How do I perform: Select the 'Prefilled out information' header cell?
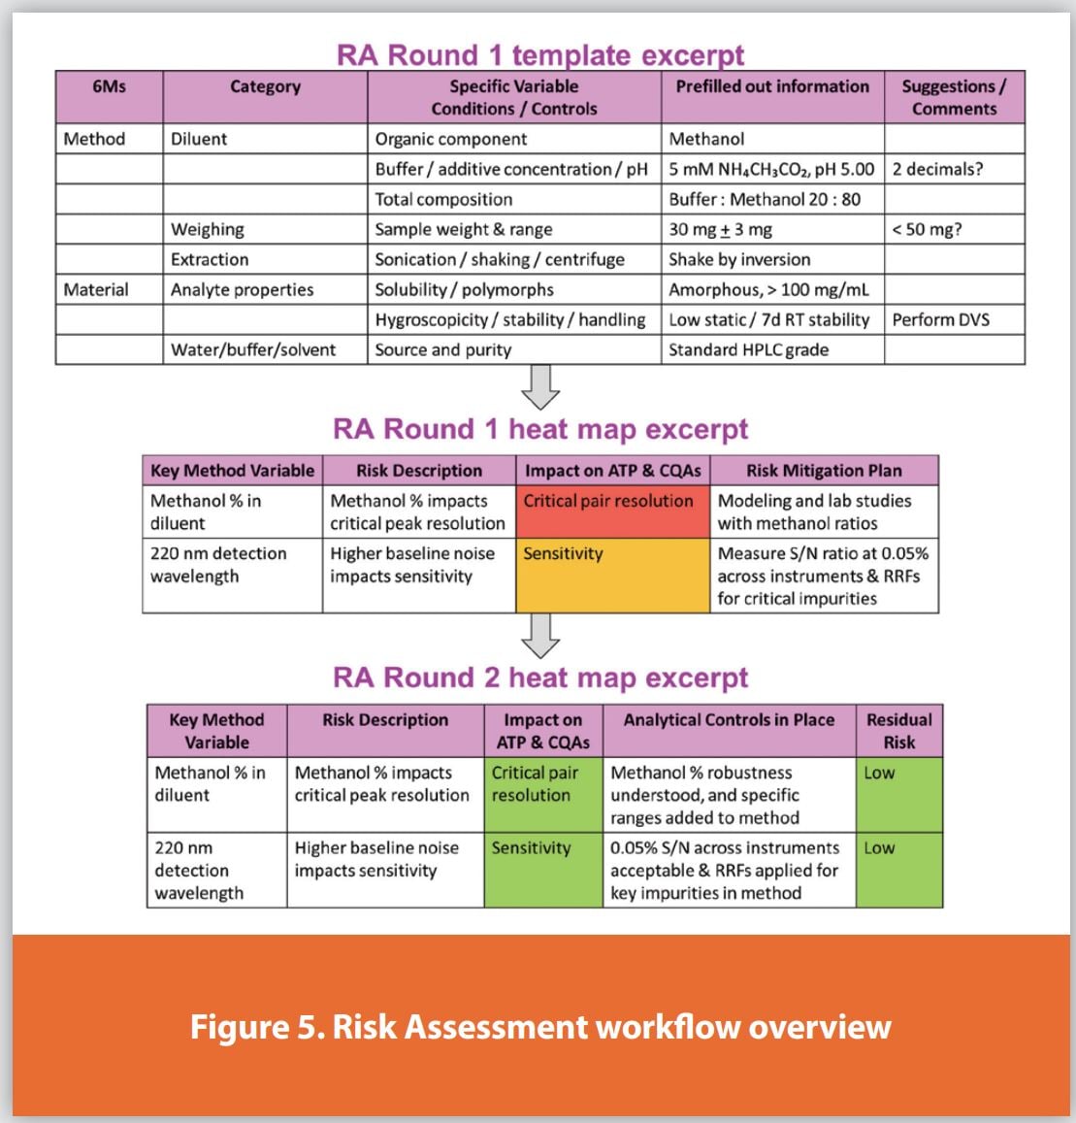[x=772, y=86]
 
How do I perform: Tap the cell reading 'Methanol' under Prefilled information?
[x=707, y=139]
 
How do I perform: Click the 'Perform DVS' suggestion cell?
[x=941, y=319]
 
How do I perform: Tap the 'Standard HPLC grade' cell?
[x=748, y=349]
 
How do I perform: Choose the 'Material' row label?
[x=96, y=289]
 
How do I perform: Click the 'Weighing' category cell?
[x=208, y=229]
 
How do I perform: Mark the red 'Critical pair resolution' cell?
[x=612, y=512]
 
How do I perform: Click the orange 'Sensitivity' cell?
[x=612, y=576]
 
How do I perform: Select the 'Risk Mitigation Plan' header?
[x=824, y=471]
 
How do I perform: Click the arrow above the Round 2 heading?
[x=540, y=636]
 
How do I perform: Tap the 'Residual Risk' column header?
[x=898, y=731]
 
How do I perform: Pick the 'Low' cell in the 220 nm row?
[x=898, y=870]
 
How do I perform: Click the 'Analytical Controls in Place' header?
[x=729, y=720]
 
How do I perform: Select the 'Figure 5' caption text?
[x=539, y=1026]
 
